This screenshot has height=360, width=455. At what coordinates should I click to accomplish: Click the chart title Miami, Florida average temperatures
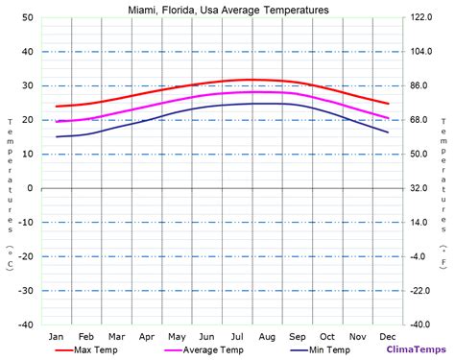coord(227,10)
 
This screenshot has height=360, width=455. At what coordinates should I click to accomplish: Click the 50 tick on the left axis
coord(27,18)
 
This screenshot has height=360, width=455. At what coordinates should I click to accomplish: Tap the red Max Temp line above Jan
coord(57,106)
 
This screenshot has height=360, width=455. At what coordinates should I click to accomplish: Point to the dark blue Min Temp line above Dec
coord(388,132)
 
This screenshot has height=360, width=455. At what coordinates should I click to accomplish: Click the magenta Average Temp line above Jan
coord(57,121)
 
